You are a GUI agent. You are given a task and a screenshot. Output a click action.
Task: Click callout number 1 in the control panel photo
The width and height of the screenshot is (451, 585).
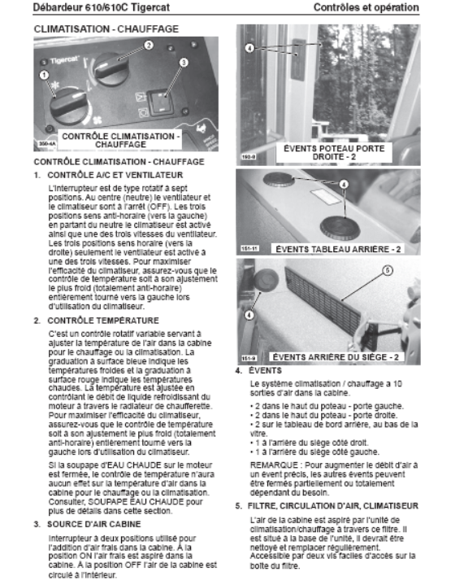[x=44, y=75]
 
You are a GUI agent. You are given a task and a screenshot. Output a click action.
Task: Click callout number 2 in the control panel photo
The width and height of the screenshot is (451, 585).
[x=149, y=45]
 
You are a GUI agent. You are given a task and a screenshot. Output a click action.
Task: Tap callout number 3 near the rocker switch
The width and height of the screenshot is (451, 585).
[x=184, y=63]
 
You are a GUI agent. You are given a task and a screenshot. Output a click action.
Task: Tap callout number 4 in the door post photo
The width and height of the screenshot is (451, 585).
[x=249, y=48]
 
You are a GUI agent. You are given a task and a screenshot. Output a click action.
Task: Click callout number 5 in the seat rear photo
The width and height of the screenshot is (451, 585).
[x=388, y=270]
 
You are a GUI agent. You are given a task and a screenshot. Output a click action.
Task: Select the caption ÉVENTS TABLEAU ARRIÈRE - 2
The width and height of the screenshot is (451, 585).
[x=338, y=249]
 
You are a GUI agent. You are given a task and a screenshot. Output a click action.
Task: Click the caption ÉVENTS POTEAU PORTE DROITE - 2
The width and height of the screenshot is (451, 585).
[x=334, y=153]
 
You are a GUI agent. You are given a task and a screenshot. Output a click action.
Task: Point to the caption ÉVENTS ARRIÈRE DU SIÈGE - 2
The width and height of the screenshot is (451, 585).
[x=336, y=357]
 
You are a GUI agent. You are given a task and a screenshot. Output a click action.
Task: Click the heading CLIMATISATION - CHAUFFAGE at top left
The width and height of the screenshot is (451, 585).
[x=106, y=29]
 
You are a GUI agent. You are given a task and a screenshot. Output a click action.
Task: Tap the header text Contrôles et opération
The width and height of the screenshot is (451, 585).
[x=366, y=7]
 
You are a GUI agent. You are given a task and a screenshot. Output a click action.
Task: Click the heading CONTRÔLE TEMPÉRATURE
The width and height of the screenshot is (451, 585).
[x=103, y=321]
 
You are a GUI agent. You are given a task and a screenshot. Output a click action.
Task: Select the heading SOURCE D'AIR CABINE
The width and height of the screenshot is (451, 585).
[x=94, y=524]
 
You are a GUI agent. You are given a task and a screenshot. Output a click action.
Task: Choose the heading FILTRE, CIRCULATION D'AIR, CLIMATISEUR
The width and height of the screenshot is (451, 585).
[x=333, y=506]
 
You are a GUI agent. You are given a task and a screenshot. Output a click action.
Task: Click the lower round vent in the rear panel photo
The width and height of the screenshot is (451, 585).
[x=340, y=226]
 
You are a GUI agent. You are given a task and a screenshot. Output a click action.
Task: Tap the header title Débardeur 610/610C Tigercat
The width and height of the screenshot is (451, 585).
[x=102, y=7]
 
